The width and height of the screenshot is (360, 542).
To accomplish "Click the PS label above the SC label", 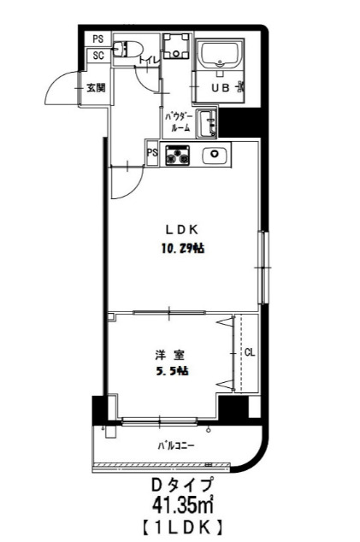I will click(97, 38).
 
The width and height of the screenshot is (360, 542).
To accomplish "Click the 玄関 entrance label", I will click(95, 87).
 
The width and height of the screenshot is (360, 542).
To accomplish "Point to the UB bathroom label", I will click(220, 87).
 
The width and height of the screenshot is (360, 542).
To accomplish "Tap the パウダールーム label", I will click(178, 121).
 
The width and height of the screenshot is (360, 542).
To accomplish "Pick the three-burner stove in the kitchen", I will click(177, 156).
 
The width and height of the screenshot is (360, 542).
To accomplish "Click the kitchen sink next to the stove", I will click(213, 156).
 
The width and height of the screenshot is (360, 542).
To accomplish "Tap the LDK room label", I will click(181, 229).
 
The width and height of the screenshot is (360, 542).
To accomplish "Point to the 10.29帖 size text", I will click(182, 249).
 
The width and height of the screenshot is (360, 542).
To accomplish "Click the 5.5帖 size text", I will click(170, 371).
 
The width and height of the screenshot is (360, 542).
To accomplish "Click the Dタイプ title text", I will click(180, 485).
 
